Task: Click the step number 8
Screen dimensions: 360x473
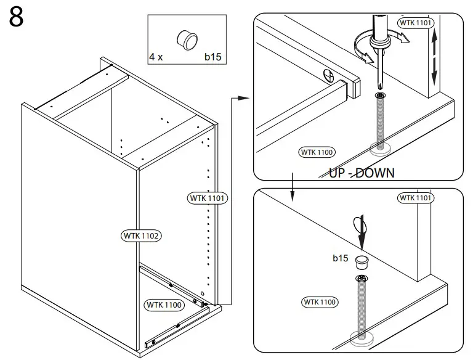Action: tap(17, 18)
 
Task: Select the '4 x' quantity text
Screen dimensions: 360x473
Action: tap(156, 57)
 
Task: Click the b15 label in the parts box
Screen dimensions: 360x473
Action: tap(212, 57)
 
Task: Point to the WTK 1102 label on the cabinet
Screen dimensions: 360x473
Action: tap(142, 235)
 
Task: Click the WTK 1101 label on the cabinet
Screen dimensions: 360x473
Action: tap(208, 198)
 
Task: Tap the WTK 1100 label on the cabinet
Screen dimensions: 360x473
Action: tap(164, 305)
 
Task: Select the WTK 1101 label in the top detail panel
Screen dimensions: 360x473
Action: tap(416, 23)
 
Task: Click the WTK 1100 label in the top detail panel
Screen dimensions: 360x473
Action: tap(317, 152)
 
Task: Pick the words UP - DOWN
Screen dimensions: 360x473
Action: tap(362, 173)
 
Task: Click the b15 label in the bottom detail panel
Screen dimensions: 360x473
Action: tap(341, 258)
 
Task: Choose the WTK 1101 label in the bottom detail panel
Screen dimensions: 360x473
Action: tap(416, 198)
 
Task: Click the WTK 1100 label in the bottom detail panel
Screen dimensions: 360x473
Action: tap(320, 301)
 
